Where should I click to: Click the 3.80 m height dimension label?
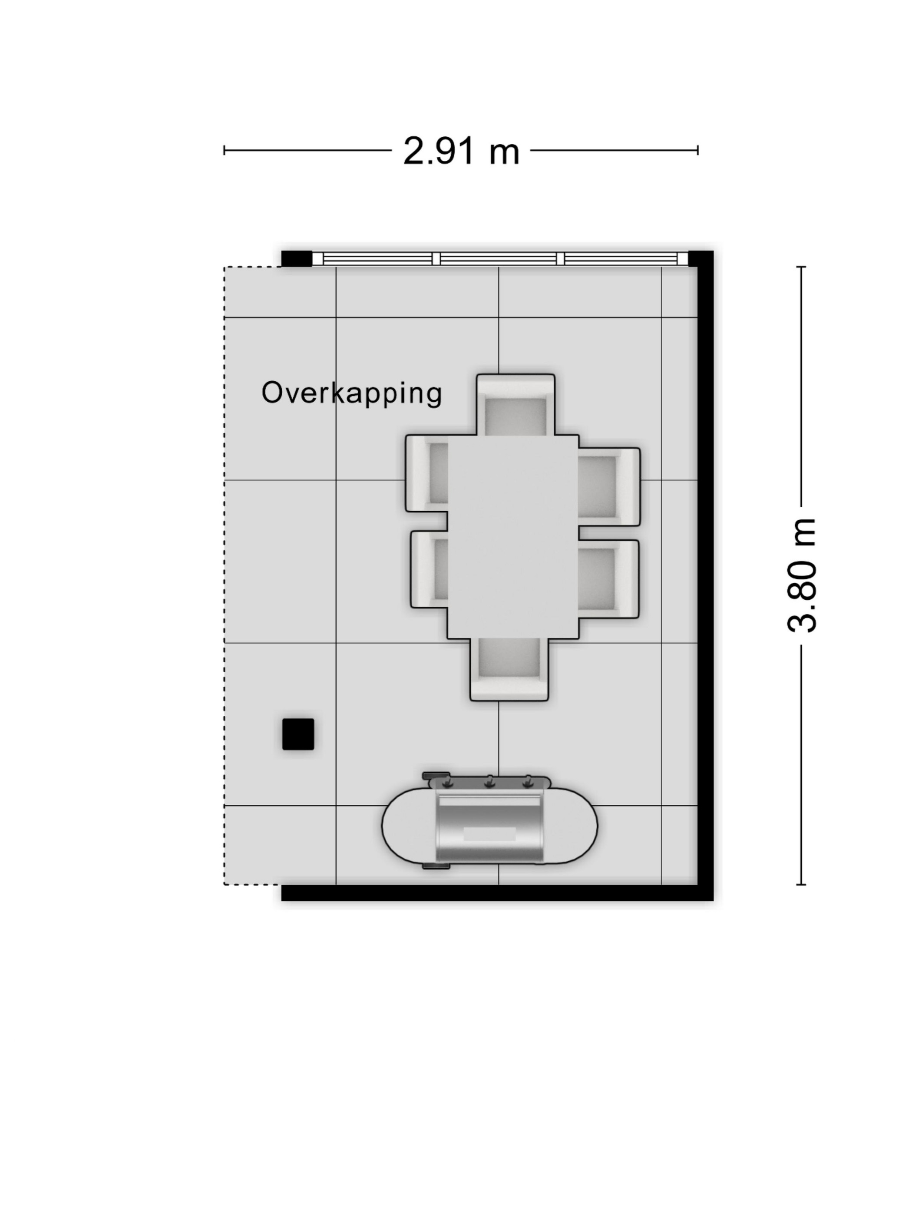tap(802, 575)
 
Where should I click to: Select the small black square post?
tap(298, 734)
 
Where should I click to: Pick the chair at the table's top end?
tap(515, 405)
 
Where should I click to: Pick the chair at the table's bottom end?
tap(509, 670)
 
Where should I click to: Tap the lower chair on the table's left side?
tap(430, 569)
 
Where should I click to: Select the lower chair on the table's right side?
tap(608, 579)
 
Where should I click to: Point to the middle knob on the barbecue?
tap(489, 782)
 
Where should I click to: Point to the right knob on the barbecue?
tap(528, 782)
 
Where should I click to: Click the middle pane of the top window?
tap(499, 258)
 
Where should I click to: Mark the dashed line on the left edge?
tap(224, 575)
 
